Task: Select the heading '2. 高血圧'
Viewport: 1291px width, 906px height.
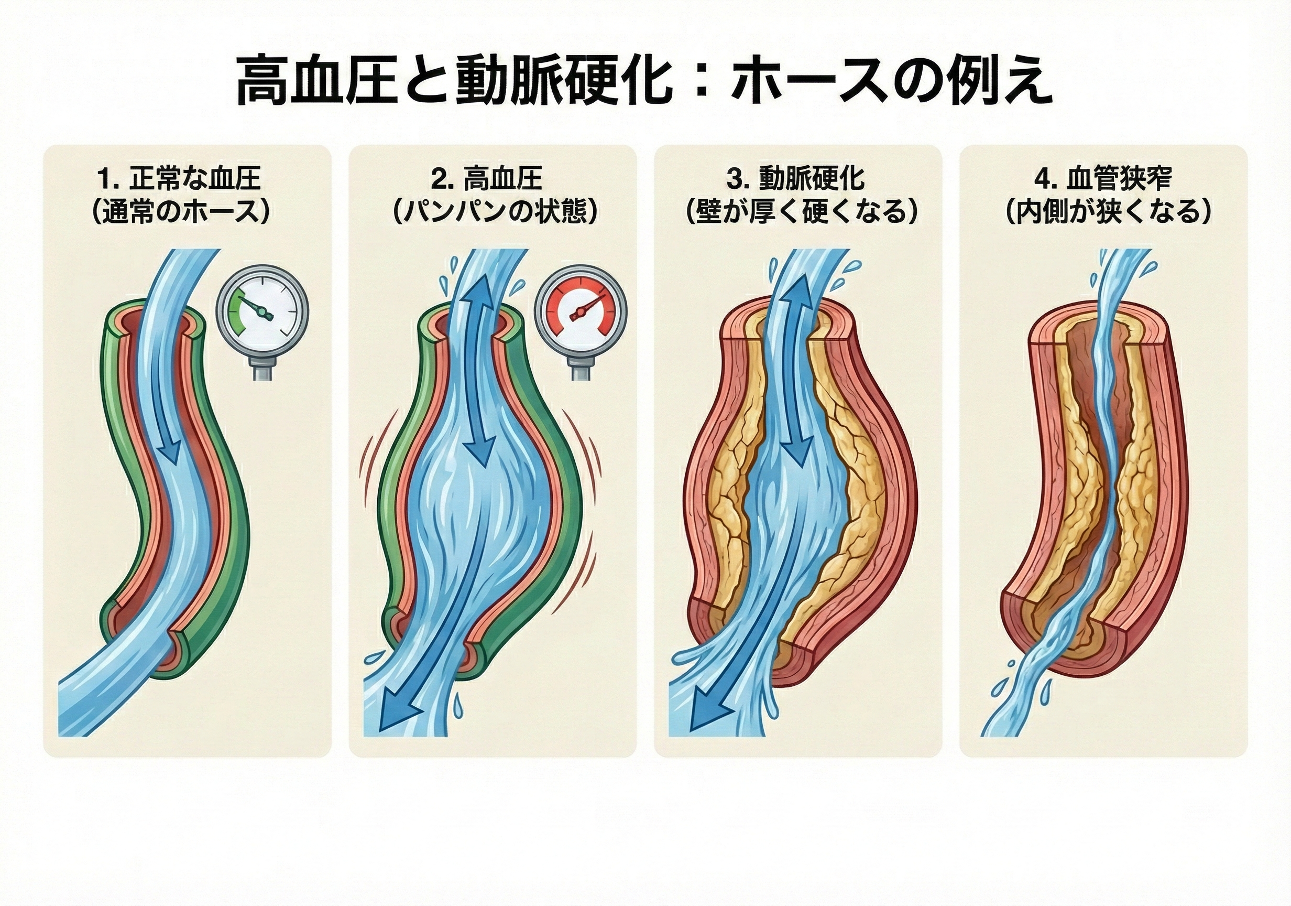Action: tap(486, 179)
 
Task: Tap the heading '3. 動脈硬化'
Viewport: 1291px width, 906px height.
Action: tap(796, 179)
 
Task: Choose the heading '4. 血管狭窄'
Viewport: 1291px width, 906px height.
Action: tap(1103, 179)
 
